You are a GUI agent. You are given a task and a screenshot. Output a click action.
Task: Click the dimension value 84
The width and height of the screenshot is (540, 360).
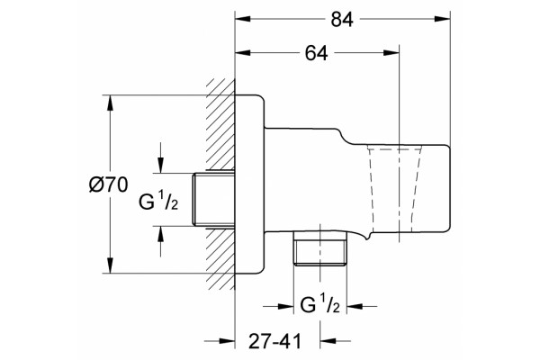(x=342, y=20)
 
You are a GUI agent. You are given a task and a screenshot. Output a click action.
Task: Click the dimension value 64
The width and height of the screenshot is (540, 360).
(x=317, y=53)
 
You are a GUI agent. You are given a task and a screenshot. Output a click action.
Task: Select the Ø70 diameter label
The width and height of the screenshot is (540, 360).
(x=108, y=184)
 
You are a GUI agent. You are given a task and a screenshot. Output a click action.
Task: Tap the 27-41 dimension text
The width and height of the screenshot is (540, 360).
(x=274, y=341)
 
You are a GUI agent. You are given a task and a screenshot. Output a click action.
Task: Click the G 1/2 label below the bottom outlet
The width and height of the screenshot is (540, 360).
(x=319, y=303)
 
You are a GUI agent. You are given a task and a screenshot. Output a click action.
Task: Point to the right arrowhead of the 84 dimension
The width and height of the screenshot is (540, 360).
(x=442, y=19)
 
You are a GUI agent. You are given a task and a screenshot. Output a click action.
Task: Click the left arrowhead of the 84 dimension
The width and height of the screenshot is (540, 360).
(x=243, y=19)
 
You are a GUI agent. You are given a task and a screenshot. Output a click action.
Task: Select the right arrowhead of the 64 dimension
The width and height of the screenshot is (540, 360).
(x=391, y=53)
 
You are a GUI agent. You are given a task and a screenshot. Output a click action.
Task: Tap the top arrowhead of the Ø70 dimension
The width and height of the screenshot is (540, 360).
(x=110, y=103)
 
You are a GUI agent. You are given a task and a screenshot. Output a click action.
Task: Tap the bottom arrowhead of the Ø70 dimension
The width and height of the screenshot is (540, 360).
(x=110, y=265)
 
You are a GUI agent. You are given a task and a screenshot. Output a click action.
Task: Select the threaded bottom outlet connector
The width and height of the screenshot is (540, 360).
(x=319, y=248)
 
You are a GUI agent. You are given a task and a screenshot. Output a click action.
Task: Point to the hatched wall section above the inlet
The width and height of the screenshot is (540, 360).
(x=220, y=124)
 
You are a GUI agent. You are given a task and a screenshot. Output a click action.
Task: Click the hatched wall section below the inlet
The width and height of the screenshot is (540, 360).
(x=220, y=258)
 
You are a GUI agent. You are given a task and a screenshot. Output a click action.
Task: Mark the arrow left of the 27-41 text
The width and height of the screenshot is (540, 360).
(x=220, y=341)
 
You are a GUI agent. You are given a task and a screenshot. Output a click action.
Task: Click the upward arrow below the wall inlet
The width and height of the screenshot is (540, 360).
(x=160, y=241)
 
